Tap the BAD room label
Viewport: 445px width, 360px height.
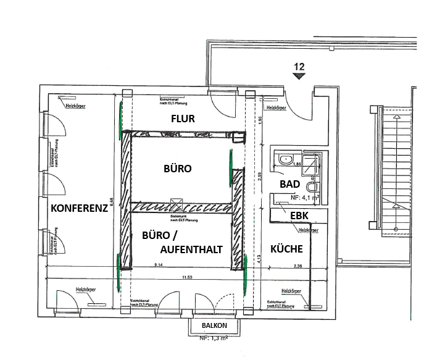pyautogui.click(x=289, y=184)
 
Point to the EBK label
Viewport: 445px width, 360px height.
pyautogui.click(x=299, y=214)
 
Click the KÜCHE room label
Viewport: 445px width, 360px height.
pyautogui.click(x=286, y=249)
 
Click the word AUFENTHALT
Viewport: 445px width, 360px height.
pyautogui.click(x=191, y=248)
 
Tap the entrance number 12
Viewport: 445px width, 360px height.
pyautogui.click(x=299, y=65)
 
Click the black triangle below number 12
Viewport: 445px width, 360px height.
pyautogui.click(x=299, y=76)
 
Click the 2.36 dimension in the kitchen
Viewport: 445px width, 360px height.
pyautogui.click(x=297, y=267)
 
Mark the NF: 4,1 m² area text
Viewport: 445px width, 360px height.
pyautogui.click(x=303, y=198)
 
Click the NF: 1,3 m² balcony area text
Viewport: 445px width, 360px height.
pyautogui.click(x=213, y=338)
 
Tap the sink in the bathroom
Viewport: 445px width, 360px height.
pyautogui.click(x=286, y=159)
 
